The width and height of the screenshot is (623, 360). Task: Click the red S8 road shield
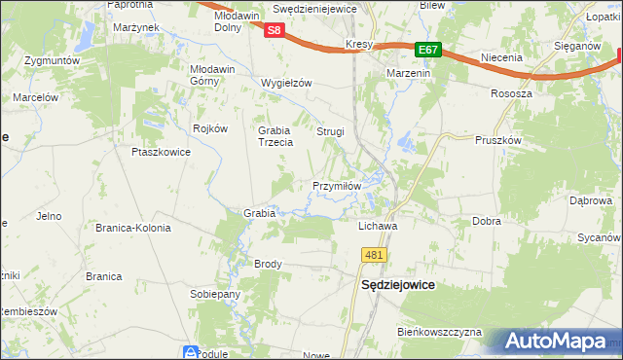(x=275, y=30)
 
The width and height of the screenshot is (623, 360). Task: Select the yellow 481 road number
(x=376, y=255)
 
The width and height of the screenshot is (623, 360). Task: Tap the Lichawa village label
(x=380, y=225)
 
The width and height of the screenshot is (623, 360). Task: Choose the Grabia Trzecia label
(x=275, y=136)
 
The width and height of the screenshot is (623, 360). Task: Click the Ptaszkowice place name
(x=159, y=152)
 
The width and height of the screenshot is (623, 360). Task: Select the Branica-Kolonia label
(x=132, y=228)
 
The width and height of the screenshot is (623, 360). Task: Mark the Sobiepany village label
(x=215, y=294)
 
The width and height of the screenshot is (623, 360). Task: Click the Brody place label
(x=268, y=264)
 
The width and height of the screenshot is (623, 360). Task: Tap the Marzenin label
(x=410, y=74)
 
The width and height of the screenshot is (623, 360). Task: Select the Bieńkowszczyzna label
(x=439, y=332)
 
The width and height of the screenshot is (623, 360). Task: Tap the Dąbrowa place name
(x=590, y=200)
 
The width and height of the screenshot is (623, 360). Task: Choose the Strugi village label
(x=330, y=130)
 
